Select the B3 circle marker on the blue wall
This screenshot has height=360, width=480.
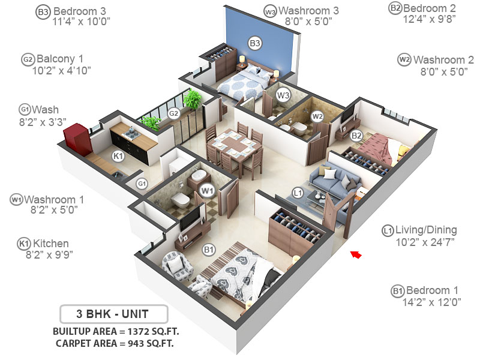coord(255,43)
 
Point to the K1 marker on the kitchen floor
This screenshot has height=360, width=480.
coord(118,156)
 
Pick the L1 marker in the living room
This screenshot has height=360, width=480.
coord(298,192)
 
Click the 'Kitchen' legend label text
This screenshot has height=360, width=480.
coord(51,244)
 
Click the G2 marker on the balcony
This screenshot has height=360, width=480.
coord(173,113)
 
